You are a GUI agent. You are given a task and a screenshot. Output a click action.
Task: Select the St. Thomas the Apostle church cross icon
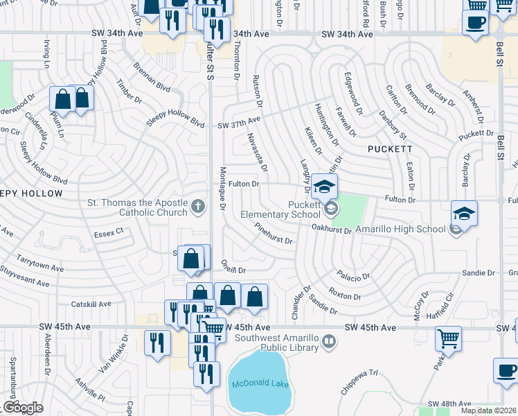tap(198, 207)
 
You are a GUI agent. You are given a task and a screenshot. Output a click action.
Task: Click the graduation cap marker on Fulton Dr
tap(323, 186)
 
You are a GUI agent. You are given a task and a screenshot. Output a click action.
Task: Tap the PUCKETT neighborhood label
tap(390, 149)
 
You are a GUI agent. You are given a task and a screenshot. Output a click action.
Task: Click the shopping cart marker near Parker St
tap(448, 339)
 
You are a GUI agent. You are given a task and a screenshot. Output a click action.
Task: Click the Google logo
tap(23, 408)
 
